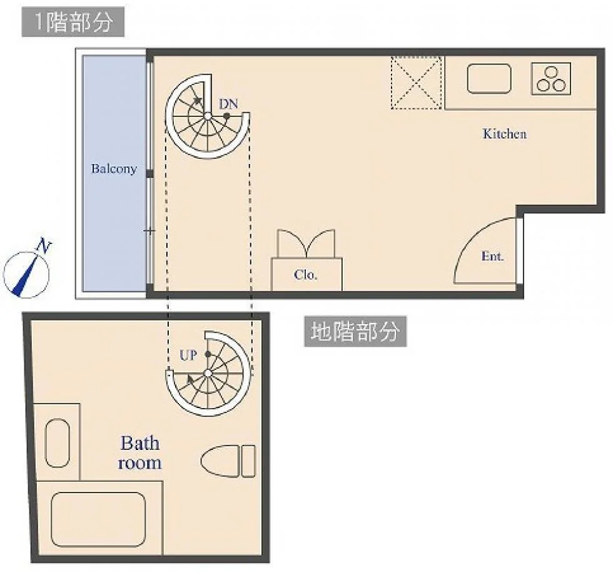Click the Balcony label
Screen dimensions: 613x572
[x=114, y=168]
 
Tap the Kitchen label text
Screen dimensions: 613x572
[x=505, y=134]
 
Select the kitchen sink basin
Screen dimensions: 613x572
[x=489, y=79]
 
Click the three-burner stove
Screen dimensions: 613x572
[x=551, y=79]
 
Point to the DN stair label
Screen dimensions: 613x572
[x=228, y=104]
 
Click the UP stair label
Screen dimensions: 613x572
[x=188, y=355]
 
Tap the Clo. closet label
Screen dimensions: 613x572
[x=305, y=275]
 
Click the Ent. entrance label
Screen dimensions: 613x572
[x=492, y=256]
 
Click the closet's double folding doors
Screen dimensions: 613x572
[x=306, y=243]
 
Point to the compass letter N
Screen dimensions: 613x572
[x=44, y=246]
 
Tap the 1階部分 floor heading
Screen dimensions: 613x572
[x=73, y=22]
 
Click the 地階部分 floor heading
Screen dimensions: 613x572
[x=355, y=332]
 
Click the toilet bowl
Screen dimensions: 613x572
[x=220, y=461]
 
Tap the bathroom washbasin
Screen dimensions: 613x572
[x=58, y=443]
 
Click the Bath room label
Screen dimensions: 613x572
[x=139, y=452]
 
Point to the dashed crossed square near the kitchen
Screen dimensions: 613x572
[x=417, y=83]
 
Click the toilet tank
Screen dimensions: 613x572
[x=248, y=461]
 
